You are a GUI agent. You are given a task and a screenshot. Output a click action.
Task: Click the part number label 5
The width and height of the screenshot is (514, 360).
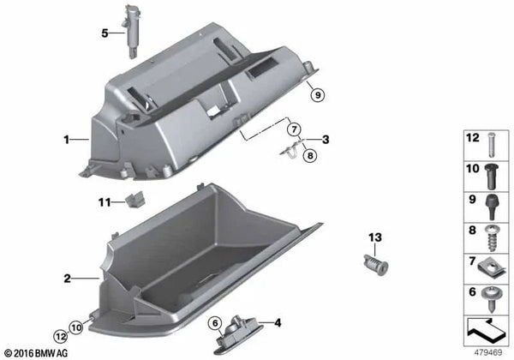(x=105, y=33)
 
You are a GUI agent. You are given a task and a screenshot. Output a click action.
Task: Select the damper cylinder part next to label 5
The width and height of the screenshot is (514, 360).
(x=132, y=31)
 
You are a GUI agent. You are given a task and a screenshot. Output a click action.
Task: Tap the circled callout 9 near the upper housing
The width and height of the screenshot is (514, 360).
(x=317, y=95)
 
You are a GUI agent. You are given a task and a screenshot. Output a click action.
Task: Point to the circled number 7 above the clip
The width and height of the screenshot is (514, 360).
(x=294, y=129)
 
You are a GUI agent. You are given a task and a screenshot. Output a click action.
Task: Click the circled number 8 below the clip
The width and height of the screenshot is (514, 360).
(x=310, y=155)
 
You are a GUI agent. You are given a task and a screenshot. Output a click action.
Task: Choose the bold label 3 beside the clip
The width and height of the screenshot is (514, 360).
(x=326, y=140)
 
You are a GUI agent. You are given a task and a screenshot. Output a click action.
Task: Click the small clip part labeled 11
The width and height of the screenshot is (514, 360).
(x=135, y=199)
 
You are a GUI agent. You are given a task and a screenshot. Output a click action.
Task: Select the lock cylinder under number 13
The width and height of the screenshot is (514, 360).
(x=376, y=265)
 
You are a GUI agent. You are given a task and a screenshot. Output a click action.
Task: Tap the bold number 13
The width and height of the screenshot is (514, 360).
(x=375, y=237)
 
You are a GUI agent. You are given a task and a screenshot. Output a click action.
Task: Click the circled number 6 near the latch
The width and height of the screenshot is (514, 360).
(x=215, y=323)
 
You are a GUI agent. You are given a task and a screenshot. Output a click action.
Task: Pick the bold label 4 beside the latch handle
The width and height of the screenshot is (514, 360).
(x=278, y=323)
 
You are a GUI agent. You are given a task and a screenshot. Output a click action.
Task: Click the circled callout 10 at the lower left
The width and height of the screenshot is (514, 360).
(x=76, y=327)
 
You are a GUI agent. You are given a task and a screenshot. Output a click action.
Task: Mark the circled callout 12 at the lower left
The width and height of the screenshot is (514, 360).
(x=61, y=336)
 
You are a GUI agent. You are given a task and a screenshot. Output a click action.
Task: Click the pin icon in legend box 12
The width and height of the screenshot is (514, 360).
(x=491, y=145)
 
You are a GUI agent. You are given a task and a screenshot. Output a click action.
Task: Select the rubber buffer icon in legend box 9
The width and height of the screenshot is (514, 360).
(x=492, y=207)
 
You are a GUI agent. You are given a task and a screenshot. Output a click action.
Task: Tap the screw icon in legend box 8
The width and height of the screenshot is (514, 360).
(x=491, y=237)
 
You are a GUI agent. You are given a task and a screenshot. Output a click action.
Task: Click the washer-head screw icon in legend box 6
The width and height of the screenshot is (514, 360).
(x=490, y=299)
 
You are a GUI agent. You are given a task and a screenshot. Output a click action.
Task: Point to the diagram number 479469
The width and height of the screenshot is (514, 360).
(x=487, y=352)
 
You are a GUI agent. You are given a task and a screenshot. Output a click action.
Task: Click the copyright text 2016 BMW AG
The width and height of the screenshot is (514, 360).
(x=41, y=353)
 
